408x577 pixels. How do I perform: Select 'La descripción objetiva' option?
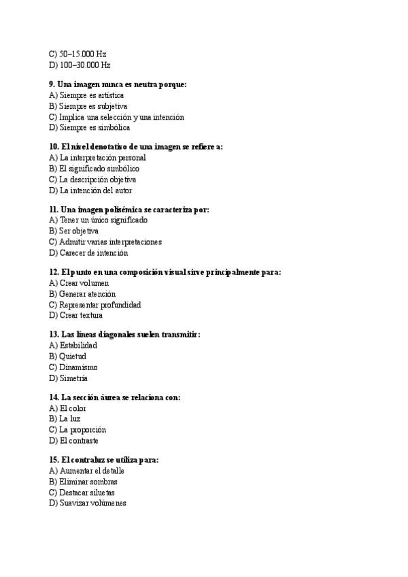92,180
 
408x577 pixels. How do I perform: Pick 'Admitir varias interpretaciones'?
105,242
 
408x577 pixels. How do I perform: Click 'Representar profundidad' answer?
95,305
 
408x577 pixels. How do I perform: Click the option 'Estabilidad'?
78,346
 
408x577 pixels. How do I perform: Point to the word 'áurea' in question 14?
108,397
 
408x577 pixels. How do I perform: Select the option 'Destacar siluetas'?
86,492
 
